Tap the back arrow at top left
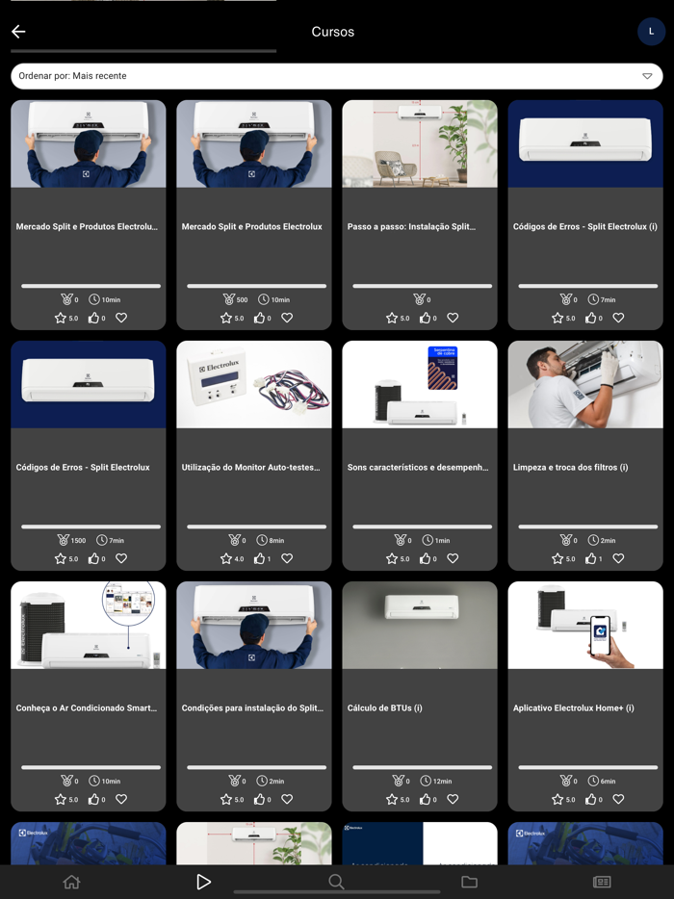tap(18, 32)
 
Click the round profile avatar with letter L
tap(651, 32)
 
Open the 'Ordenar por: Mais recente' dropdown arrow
tap(647, 76)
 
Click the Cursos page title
tap(332, 32)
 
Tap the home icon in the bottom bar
tap(71, 882)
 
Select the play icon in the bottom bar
tap(203, 882)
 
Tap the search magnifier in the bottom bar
tap(336, 882)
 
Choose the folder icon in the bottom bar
tap(469, 882)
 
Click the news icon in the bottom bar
tap(602, 882)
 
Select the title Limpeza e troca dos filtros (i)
tap(570, 468)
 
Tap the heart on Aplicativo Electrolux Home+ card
tap(618, 799)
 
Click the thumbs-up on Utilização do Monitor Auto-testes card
tap(259, 558)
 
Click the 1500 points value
tap(78, 541)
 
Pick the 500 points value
tap(242, 300)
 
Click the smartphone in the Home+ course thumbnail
tap(601, 636)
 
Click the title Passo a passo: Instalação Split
tap(411, 227)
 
